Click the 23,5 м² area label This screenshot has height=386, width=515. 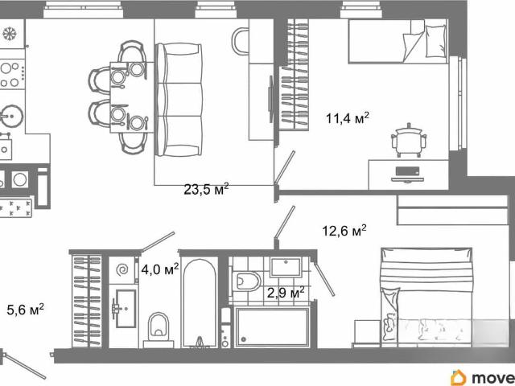[206, 189]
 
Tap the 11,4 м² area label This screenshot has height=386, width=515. [347, 118]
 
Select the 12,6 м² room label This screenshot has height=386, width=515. [344, 231]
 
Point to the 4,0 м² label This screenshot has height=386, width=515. [160, 269]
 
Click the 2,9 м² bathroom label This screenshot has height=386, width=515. [286, 292]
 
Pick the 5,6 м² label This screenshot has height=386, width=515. [25, 309]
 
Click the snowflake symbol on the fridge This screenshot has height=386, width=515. [10, 34]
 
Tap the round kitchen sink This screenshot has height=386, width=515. [12, 116]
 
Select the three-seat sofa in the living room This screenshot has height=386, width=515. [179, 100]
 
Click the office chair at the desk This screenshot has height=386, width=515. [409, 140]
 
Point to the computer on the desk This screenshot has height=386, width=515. [407, 175]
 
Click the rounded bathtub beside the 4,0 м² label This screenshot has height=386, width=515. [200, 302]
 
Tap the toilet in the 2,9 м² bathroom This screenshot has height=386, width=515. [248, 281]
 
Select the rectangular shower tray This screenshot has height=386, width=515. [272, 327]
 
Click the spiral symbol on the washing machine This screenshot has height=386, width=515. [122, 270]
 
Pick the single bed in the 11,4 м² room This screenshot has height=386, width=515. [398, 41]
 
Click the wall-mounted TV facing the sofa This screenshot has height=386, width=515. [271, 99]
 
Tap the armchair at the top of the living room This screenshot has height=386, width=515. [241, 41]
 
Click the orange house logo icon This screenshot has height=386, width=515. [459, 377]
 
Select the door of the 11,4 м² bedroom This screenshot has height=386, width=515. [285, 166]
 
